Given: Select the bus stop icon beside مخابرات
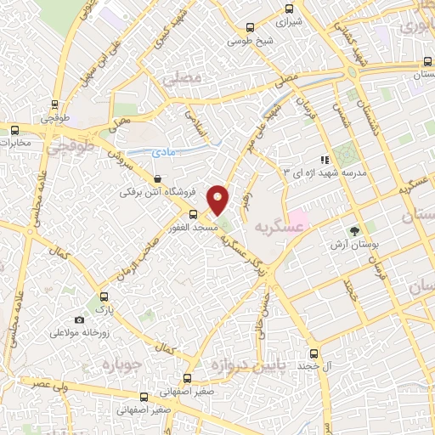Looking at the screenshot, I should pyautogui.click(x=14, y=130).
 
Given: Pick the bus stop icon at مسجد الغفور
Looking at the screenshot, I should pyautogui.click(x=193, y=215).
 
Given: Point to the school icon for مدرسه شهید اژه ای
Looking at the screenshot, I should pyautogui.click(x=324, y=159).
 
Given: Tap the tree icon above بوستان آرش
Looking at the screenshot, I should pyautogui.click(x=355, y=230).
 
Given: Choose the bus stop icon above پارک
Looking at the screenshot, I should pyautogui.click(x=104, y=297).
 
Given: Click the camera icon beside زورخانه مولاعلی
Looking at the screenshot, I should pyautogui.click(x=79, y=320).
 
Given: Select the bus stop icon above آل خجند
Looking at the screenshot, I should pyautogui.click(x=314, y=353).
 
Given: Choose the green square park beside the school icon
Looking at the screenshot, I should pyautogui.click(x=346, y=156).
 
